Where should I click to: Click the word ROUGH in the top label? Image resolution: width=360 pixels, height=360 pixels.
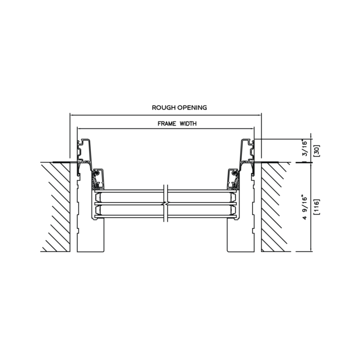click(160, 107)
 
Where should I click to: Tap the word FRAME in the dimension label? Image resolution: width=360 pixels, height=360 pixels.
click(166, 124)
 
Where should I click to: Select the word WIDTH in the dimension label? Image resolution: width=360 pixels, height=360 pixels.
click(188, 124)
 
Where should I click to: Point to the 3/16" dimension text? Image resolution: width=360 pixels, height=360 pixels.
click(304, 147)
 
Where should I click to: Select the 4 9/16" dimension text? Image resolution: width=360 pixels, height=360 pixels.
click(304, 207)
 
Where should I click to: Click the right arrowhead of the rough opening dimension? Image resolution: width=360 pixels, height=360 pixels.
click(259, 115)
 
